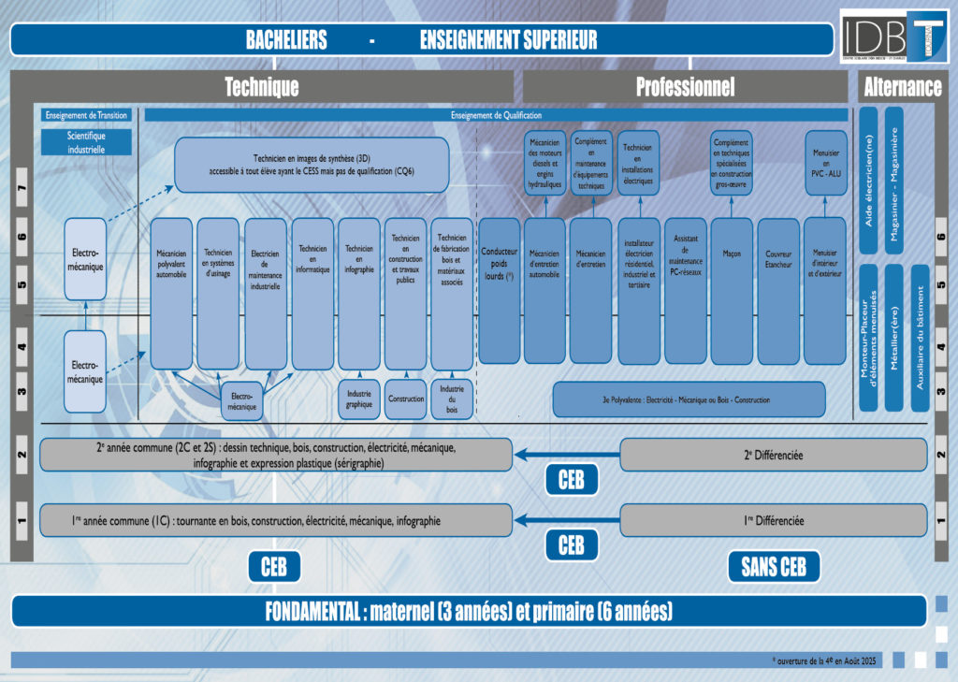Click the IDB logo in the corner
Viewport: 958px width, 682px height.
coord(893,36)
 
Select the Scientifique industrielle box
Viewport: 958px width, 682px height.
coord(86,142)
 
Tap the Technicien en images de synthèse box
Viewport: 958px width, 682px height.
coord(312,165)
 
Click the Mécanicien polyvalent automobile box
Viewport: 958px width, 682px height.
coord(170,280)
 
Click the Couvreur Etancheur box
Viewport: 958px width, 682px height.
coord(778,290)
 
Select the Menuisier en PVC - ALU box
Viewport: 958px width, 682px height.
coord(826,163)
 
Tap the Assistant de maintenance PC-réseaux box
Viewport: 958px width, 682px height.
coord(685,290)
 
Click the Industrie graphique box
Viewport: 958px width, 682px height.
coord(359,399)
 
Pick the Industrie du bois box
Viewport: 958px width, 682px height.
coord(452,399)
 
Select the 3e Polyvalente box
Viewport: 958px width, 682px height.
coord(689,399)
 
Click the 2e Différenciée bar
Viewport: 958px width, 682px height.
coord(773,455)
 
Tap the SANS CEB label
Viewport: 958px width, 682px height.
coord(774,566)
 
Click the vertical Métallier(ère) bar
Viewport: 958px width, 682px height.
coord(893,337)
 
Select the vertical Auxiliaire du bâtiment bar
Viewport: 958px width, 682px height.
coord(921,337)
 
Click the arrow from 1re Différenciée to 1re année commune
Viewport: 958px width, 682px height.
coord(566,520)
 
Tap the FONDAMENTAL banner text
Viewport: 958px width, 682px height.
coord(469,612)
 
